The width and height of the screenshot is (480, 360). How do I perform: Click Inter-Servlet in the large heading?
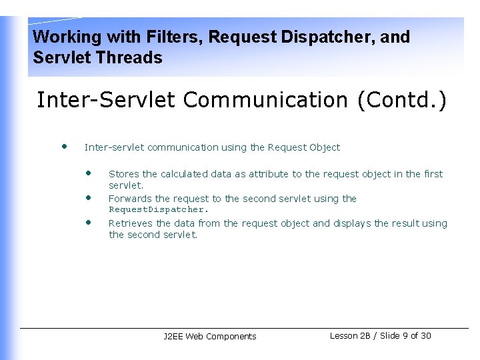106,100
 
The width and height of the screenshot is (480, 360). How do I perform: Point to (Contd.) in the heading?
402,100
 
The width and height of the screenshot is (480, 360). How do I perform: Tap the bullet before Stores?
88,172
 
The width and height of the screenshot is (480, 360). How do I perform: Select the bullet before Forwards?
88,197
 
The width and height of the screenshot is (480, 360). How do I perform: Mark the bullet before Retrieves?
88,221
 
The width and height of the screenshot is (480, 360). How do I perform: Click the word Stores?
124,174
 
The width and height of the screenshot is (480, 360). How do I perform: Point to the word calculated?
184,174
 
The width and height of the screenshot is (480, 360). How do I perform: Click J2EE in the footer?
173,337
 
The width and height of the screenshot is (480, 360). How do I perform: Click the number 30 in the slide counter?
426,336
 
